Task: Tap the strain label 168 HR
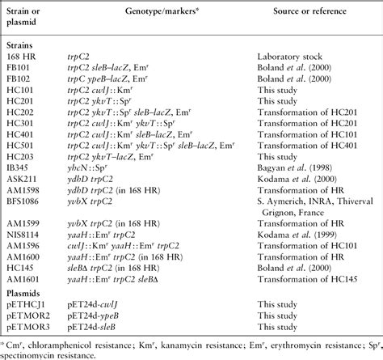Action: tap(20, 58)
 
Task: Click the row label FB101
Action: tap(18, 70)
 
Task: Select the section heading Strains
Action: tap(19, 47)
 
